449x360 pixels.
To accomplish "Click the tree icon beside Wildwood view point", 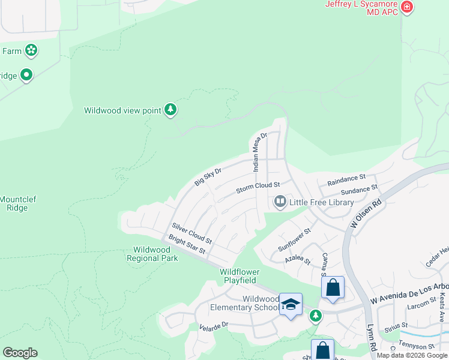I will pyautogui.click(x=172, y=110).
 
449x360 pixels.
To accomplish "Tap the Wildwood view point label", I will pyautogui.click(x=122, y=110).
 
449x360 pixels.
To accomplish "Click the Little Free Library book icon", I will pyautogui.click(x=280, y=202).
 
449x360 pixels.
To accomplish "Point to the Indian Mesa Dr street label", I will pyautogui.click(x=259, y=152).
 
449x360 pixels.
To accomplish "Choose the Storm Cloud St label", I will pyautogui.click(x=258, y=188).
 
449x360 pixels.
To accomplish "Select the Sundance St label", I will pyautogui.click(x=358, y=190).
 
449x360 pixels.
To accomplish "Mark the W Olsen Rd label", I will pyautogui.click(x=365, y=214).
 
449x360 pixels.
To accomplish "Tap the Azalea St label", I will pyautogui.click(x=298, y=261).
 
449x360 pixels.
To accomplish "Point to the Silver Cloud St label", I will pyautogui.click(x=192, y=232).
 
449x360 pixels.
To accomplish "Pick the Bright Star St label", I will pyautogui.click(x=187, y=244).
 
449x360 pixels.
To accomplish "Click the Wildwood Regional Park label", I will pyautogui.click(x=152, y=254).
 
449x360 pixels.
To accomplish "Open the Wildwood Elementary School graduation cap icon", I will pyautogui.click(x=291, y=304).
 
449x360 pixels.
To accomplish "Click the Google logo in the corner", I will pyautogui.click(x=20, y=353).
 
